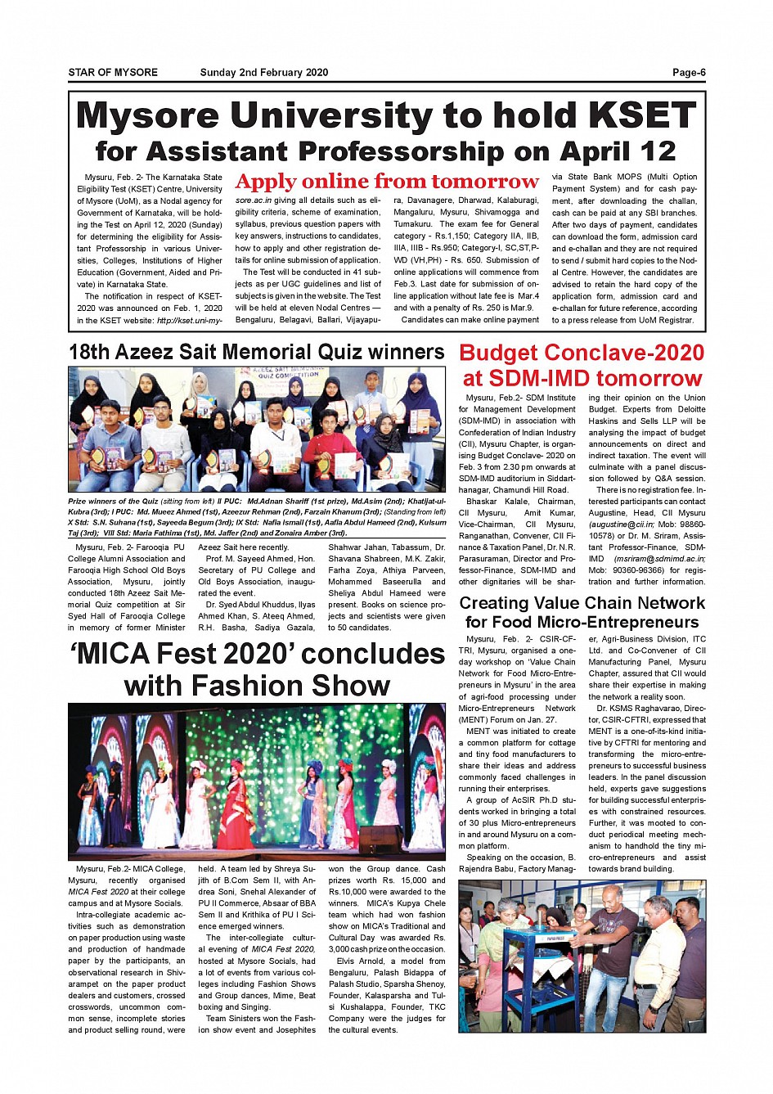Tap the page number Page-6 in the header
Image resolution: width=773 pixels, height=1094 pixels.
pyautogui.click(x=689, y=73)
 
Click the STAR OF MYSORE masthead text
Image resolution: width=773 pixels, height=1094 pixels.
pyautogui.click(x=113, y=73)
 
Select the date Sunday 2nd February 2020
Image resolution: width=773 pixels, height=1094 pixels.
pyautogui.click(x=264, y=73)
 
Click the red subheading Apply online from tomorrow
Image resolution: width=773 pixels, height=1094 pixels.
pyautogui.click(x=387, y=182)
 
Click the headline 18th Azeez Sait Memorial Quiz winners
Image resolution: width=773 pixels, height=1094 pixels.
pyautogui.click(x=256, y=353)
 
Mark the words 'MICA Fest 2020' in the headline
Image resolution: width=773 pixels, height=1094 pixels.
pyautogui.click(x=181, y=655)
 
